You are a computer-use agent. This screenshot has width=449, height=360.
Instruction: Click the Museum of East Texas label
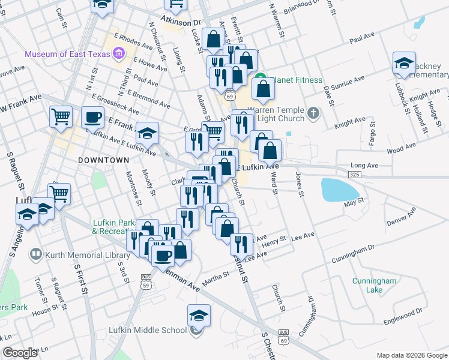click(x=67, y=55)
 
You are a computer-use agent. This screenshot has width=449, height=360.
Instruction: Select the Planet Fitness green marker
click(x=261, y=80)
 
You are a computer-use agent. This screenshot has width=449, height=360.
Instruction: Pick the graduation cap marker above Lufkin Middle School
click(x=199, y=314)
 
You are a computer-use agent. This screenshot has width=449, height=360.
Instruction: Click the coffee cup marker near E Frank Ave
click(x=92, y=117)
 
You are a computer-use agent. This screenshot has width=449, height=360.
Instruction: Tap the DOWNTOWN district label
click(x=104, y=161)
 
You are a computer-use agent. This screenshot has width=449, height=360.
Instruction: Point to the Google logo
click(x=21, y=353)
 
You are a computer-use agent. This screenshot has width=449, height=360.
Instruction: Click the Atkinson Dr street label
click(x=181, y=22)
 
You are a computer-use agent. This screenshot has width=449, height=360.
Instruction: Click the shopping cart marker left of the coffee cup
click(x=61, y=117)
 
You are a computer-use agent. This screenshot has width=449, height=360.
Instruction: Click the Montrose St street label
click(x=134, y=189)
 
